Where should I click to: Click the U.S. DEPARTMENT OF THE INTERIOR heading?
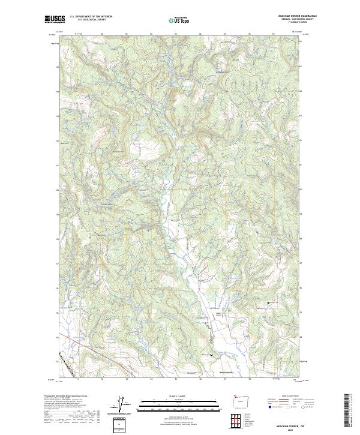point(91,16)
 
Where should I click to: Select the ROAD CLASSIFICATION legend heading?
point(285,395)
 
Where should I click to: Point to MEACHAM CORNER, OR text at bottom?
point(290,423)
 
